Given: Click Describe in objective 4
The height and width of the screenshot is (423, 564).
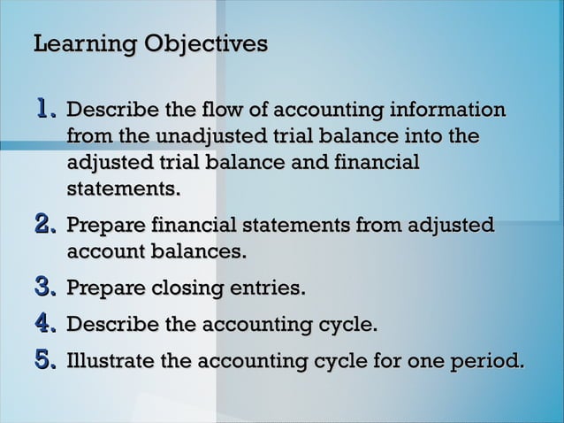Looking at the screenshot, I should pos(111,326).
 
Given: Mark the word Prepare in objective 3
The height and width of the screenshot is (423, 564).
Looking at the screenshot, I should pos(106,290).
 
